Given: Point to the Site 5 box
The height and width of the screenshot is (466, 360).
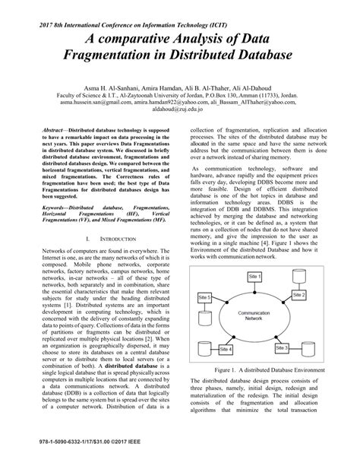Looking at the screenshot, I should (204, 273).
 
